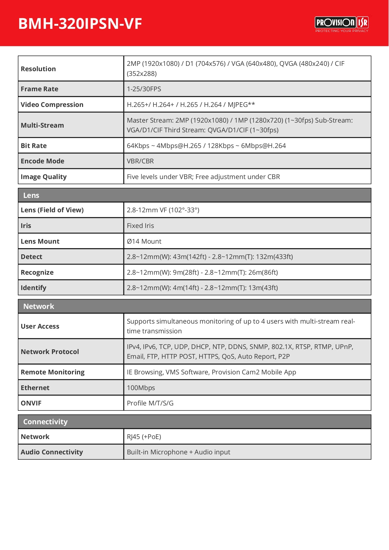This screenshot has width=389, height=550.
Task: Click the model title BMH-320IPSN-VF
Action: [x=80, y=24]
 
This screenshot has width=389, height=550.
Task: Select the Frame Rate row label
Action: [x=39, y=89]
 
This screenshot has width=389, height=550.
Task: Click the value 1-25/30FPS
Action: [x=144, y=89]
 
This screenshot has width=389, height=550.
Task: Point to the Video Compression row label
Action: [x=52, y=105]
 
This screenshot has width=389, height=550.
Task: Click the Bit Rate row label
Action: [x=34, y=146]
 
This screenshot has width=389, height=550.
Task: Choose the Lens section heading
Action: [x=31, y=195]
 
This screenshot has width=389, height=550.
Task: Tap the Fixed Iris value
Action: [x=140, y=226]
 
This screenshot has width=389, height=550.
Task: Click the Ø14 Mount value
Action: [x=144, y=241]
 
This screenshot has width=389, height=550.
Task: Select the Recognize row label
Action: [x=37, y=272]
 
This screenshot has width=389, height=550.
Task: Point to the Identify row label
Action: [x=34, y=288]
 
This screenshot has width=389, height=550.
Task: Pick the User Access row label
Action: [x=40, y=326]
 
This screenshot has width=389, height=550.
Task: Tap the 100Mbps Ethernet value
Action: [x=141, y=388]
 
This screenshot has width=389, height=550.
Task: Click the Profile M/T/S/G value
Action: [x=150, y=403]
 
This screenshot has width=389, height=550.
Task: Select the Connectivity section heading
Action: [x=45, y=422]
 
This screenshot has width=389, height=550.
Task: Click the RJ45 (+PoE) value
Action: [x=144, y=437]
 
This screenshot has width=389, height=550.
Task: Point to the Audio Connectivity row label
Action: [x=52, y=452]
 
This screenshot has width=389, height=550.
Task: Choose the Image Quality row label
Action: [x=44, y=177]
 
